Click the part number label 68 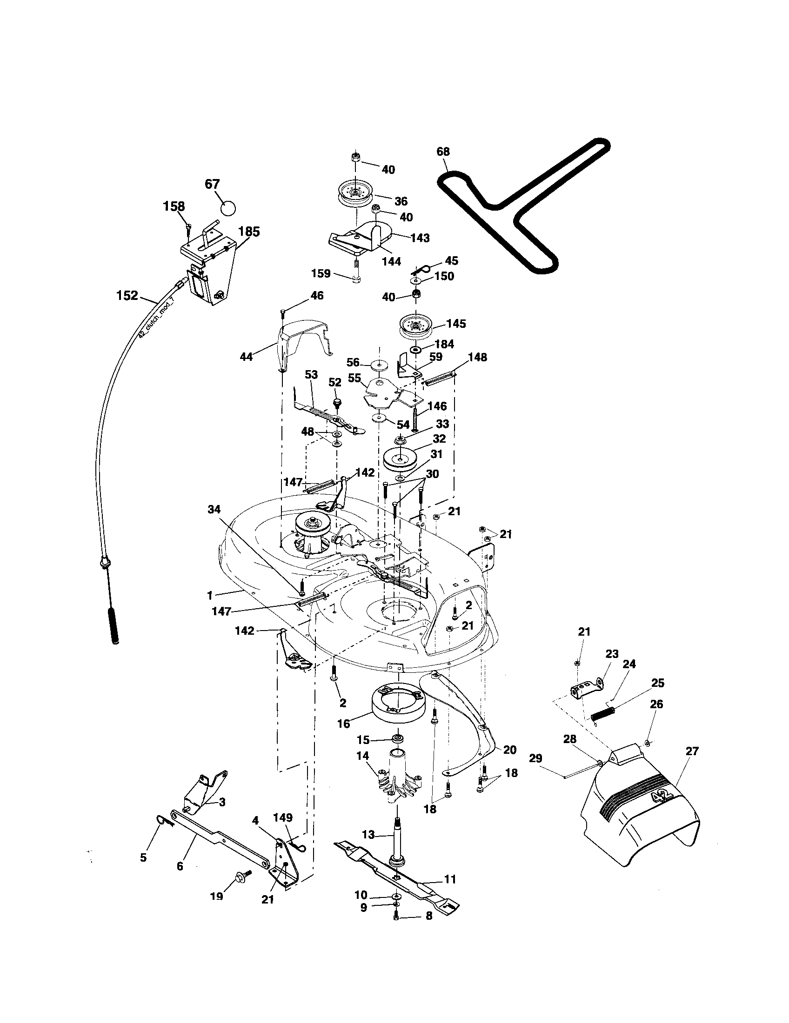tap(443, 151)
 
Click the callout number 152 tap(127, 295)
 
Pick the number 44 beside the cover tap(246, 357)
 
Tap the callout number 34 tap(214, 509)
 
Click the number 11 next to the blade tap(450, 879)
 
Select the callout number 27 tap(692, 751)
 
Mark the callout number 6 tap(180, 866)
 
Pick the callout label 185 tap(249, 232)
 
